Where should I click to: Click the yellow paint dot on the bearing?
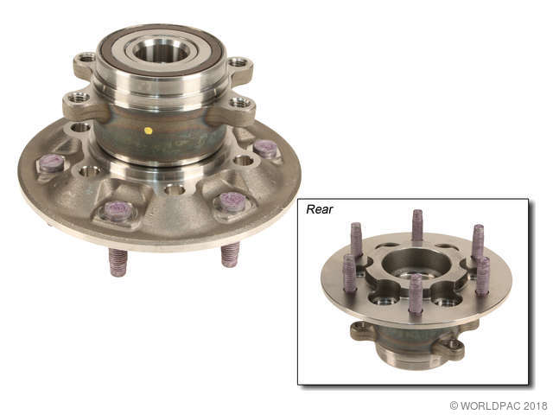pyautogui.click(x=148, y=131)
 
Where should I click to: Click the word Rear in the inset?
pyautogui.click(x=320, y=209)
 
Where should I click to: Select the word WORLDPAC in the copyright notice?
pyautogui.click(x=491, y=405)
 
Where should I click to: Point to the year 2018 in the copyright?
pyautogui.click(x=534, y=405)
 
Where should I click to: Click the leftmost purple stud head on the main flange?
pyautogui.click(x=51, y=162)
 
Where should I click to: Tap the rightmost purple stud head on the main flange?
pyautogui.click(x=265, y=148)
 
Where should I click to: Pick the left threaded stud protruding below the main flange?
pyautogui.click(x=118, y=262)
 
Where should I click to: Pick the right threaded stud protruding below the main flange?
pyautogui.click(x=230, y=253)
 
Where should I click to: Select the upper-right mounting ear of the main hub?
pyautogui.click(x=238, y=64)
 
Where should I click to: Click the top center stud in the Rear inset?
pyautogui.click(x=417, y=225)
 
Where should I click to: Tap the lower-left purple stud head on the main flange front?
pyautogui.click(x=118, y=210)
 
